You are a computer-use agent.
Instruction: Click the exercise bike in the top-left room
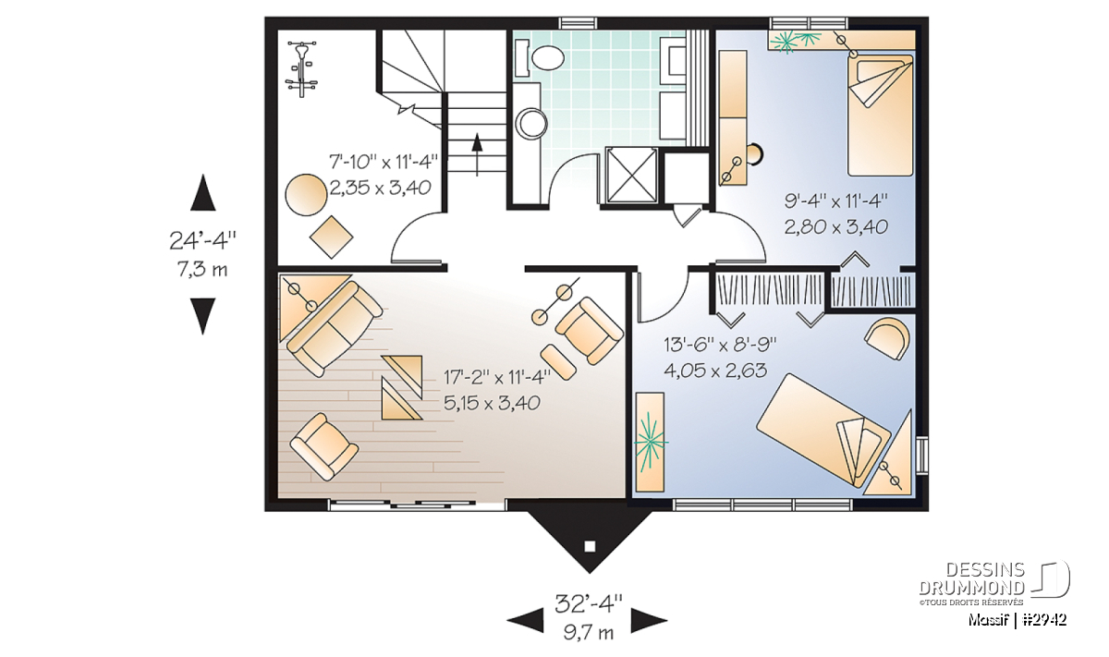tap(301, 69)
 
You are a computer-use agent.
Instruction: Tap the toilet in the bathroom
tap(548, 58)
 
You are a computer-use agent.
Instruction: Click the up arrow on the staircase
tap(477, 154)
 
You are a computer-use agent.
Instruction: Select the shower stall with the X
tap(630, 175)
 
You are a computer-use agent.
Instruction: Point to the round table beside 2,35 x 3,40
tap(306, 195)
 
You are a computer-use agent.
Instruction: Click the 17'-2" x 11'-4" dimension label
tap(497, 378)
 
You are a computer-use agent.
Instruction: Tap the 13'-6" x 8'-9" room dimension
tap(720, 345)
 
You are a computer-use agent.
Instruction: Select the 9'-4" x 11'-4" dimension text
tap(835, 201)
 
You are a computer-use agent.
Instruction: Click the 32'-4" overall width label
tap(588, 604)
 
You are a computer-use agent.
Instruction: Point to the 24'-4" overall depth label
tap(202, 241)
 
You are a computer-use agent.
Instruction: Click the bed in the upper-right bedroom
tap(880, 116)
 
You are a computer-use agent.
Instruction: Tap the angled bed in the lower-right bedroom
tap(823, 430)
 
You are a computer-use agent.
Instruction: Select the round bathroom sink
tap(530, 123)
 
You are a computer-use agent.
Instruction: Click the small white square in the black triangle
tap(590, 547)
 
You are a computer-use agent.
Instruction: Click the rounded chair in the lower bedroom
tap(888, 338)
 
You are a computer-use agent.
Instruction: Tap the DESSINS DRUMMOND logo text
tap(971, 578)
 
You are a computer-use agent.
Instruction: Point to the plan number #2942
tap(1043, 620)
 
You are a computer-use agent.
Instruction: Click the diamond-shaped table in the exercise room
tap(331, 237)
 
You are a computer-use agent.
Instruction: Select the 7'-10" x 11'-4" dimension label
tap(384, 162)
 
